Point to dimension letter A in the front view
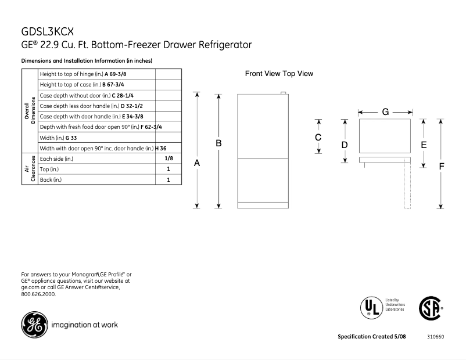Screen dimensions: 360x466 tap(197, 164)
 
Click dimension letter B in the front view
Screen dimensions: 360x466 tap(219, 143)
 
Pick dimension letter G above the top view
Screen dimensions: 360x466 tap(385, 111)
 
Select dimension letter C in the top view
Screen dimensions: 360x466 tap(318, 138)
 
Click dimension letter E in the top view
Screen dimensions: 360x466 tap(424, 144)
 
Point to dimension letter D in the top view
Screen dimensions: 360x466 tap(345, 144)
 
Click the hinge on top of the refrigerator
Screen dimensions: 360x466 tap(284, 93)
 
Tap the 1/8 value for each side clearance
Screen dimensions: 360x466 tap(169, 159)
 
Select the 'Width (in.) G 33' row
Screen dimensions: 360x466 tap(96, 138)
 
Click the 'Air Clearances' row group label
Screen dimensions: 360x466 tap(30, 169)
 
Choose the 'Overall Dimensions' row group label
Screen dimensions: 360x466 tap(30, 111)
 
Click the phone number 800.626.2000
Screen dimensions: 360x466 tap(39, 294)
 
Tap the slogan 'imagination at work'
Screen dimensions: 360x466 tap(87, 325)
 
